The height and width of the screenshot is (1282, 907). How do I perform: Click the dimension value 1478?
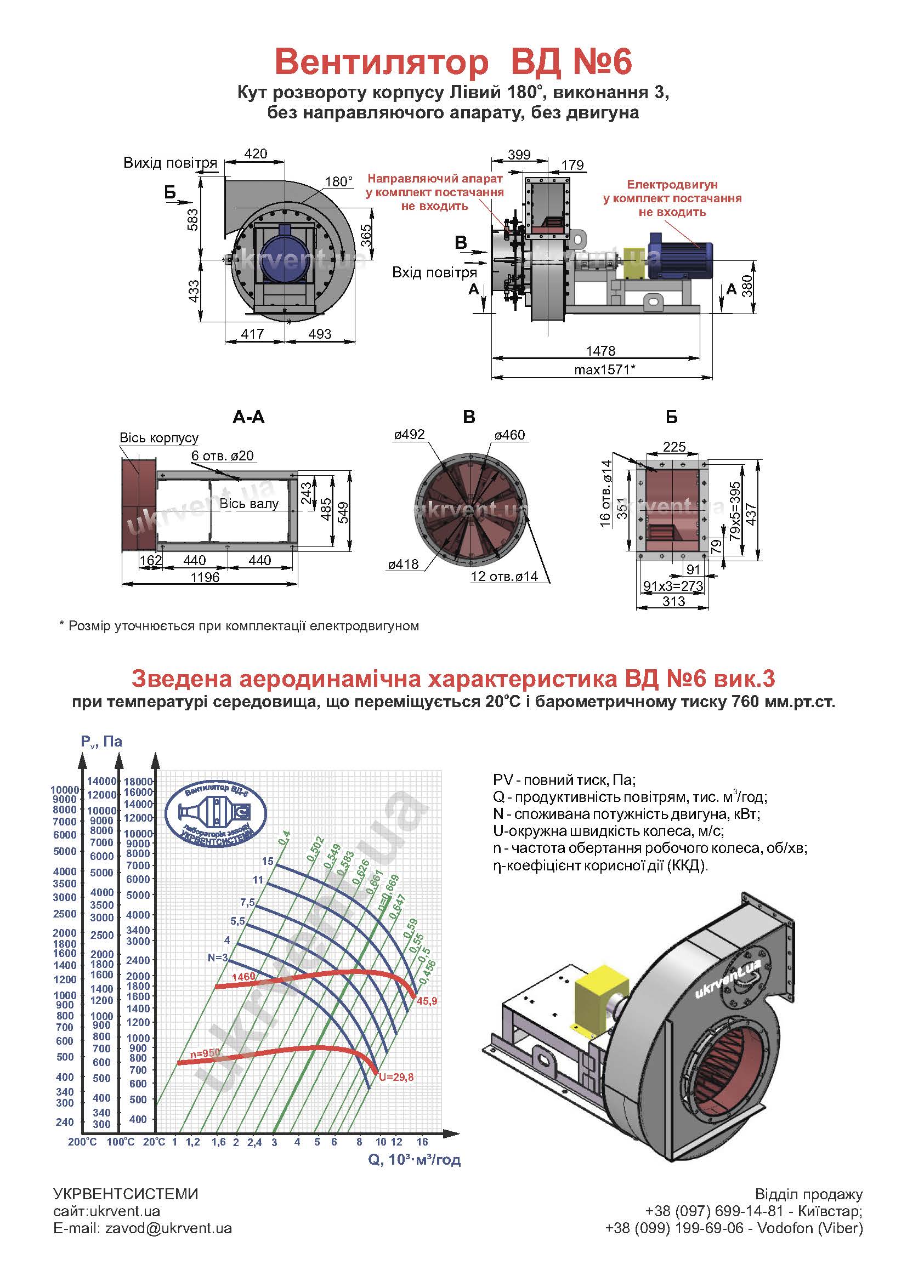coord(600,351)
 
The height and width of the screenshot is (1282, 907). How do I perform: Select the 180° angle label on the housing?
coord(339,181)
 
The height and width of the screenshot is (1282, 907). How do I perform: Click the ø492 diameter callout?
coord(409,435)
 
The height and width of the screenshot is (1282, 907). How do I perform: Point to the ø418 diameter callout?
coord(403,565)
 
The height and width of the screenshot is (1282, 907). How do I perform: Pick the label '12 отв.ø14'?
coord(504,576)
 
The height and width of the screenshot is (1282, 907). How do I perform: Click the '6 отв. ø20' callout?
coord(222,455)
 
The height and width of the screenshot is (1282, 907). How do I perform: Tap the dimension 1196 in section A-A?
coord(205,577)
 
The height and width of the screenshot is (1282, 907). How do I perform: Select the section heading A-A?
coord(248,417)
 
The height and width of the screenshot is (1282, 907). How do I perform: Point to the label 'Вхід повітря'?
coord(434,272)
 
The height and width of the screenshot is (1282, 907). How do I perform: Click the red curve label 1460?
coord(243,977)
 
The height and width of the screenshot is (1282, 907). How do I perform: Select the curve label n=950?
coord(205,1053)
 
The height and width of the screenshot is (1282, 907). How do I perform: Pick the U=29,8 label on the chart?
coord(396,1077)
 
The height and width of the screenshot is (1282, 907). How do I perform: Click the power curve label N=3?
coord(218,958)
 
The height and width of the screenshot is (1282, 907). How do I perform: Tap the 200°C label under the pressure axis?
coord(82,1142)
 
